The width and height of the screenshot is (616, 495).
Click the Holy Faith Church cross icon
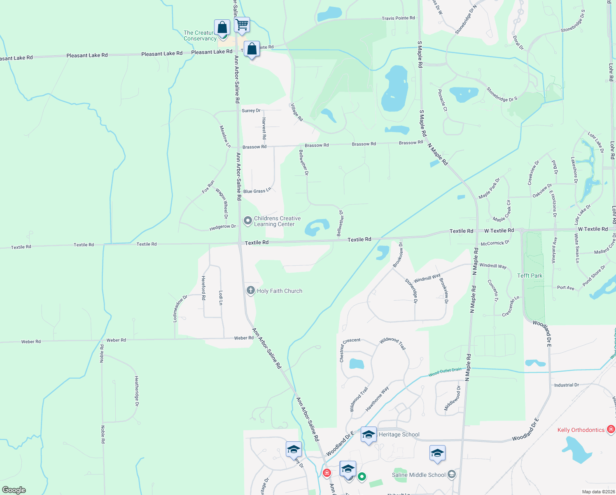tap(250, 290)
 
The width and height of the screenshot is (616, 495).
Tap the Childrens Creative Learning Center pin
tap(248, 221)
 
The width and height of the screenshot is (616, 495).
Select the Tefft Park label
tap(530, 276)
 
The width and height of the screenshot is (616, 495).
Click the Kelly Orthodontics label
tap(581, 430)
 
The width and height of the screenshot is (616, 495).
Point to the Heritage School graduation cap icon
tap(368, 435)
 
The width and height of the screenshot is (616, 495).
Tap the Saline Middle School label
tap(419, 475)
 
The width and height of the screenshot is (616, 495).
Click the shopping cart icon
tap(242, 24)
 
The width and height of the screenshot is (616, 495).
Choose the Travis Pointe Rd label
tap(398, 18)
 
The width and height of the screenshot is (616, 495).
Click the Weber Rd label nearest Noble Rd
tap(116, 340)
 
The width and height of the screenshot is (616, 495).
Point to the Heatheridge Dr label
tap(137, 391)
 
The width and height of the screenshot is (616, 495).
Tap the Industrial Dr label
tap(567, 385)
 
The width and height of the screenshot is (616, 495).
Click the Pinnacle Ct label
tap(442, 100)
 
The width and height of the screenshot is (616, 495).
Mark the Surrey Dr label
tap(251, 111)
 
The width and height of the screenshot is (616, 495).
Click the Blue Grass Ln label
tap(257, 191)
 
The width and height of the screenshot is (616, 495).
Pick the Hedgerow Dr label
tap(223, 227)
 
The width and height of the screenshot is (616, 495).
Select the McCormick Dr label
tap(495, 243)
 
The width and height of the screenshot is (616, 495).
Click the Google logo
tap(14, 490)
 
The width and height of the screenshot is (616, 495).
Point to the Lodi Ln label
tap(221, 298)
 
